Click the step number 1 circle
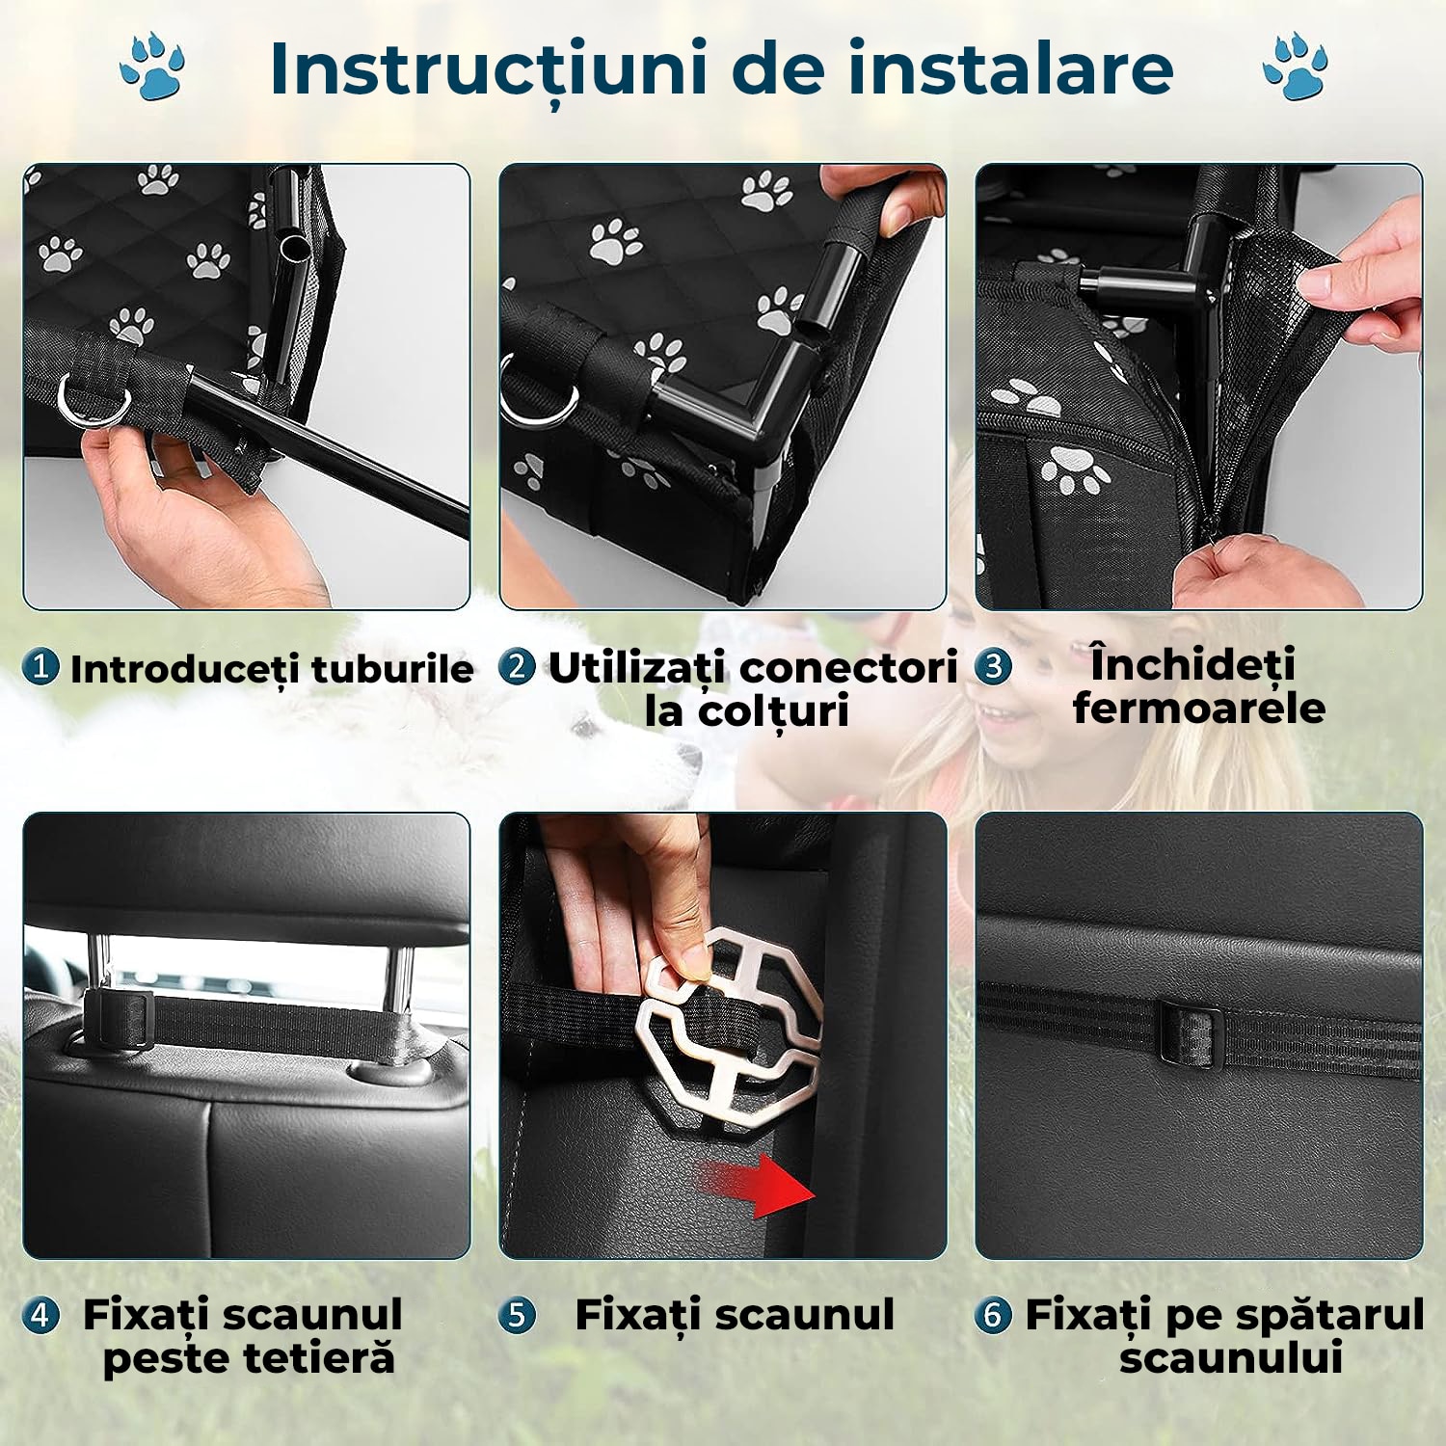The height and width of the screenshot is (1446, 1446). (x=40, y=666)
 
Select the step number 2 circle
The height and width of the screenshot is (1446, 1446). (x=518, y=666)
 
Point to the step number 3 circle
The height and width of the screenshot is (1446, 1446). (x=993, y=666)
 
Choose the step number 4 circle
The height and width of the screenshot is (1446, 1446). (x=40, y=1315)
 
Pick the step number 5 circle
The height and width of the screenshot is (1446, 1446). (x=518, y=1315)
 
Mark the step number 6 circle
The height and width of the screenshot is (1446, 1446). (x=993, y=1315)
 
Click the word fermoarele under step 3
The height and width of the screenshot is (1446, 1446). (x=1199, y=709)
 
